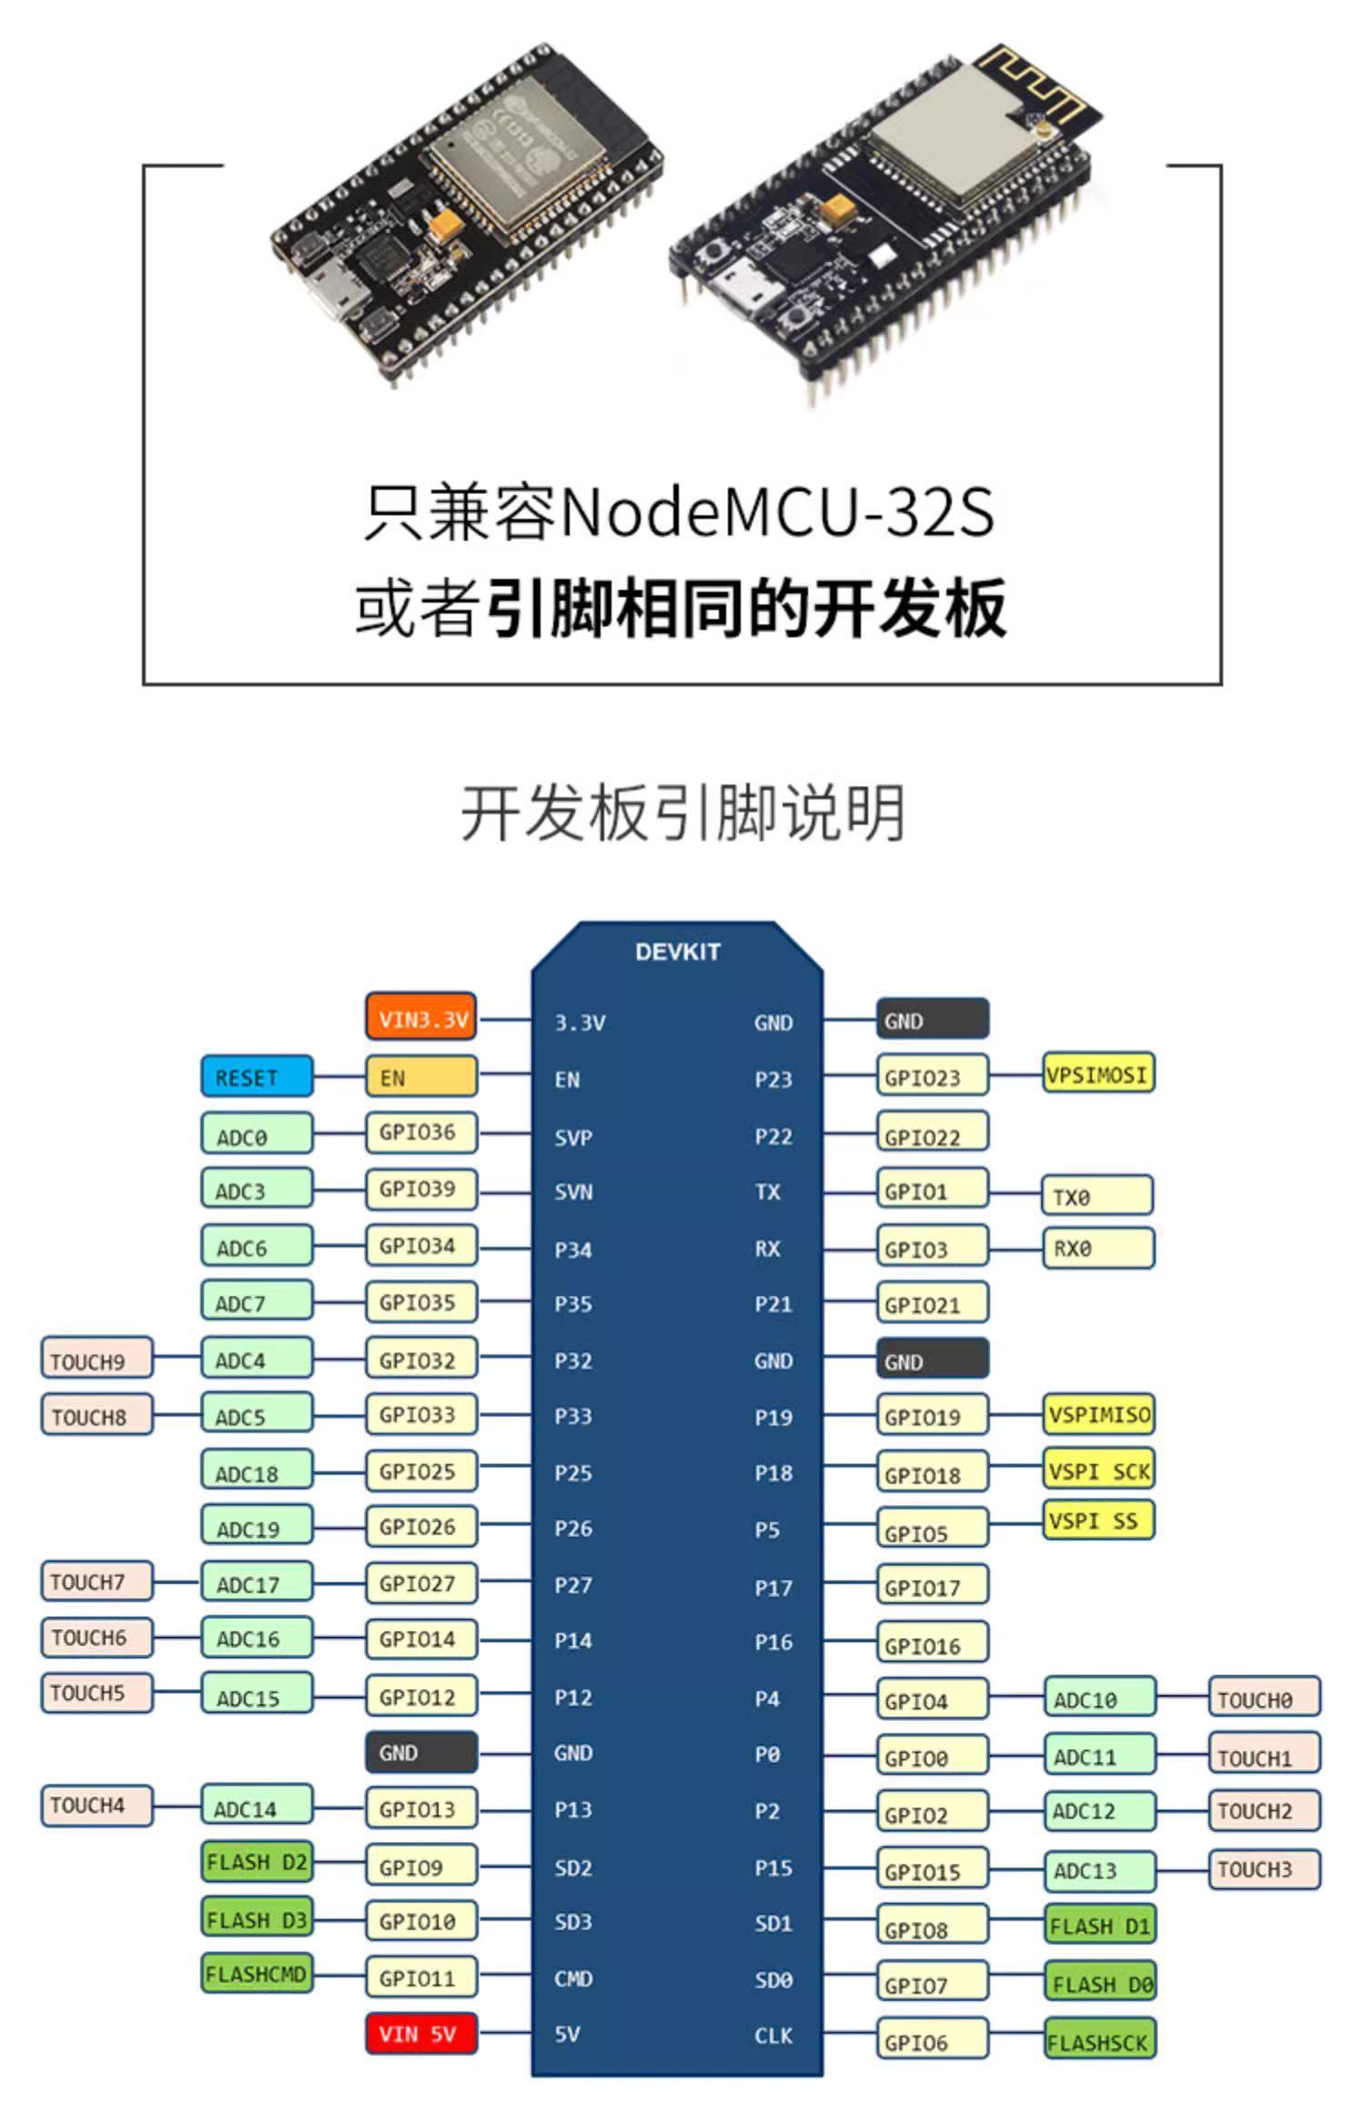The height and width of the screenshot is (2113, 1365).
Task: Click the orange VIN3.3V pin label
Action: click(x=421, y=1017)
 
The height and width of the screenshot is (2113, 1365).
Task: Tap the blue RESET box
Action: click(x=256, y=1077)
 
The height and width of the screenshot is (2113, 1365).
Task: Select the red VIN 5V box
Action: click(x=421, y=2033)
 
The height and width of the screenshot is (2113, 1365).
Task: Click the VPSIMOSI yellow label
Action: click(x=1097, y=1074)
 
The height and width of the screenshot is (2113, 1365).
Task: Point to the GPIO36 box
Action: click(x=421, y=1133)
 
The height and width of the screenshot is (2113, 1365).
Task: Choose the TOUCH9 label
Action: click(x=96, y=1360)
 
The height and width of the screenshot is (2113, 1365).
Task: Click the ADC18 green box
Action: click(x=256, y=1471)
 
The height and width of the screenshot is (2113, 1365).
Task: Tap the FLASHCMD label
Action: click(x=256, y=1974)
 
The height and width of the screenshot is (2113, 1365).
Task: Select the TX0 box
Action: click(x=1097, y=1196)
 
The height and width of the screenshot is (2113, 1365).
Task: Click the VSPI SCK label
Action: click(x=1097, y=1471)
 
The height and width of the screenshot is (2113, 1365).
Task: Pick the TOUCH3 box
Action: click(x=1263, y=1869)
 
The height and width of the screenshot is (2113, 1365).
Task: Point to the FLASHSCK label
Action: click(x=1098, y=2041)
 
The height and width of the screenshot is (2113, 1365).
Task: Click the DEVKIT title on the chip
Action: click(x=677, y=952)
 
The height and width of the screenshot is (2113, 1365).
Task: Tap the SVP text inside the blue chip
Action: click(x=573, y=1137)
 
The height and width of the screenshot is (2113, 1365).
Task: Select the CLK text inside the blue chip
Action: click(x=773, y=2036)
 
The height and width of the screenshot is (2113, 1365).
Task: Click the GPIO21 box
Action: click(x=931, y=1303)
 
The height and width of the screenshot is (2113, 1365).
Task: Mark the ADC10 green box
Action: click(x=1098, y=1699)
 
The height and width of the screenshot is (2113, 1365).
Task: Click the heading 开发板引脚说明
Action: click(x=682, y=812)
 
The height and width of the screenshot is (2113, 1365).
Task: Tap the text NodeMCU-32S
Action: click(x=778, y=511)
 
